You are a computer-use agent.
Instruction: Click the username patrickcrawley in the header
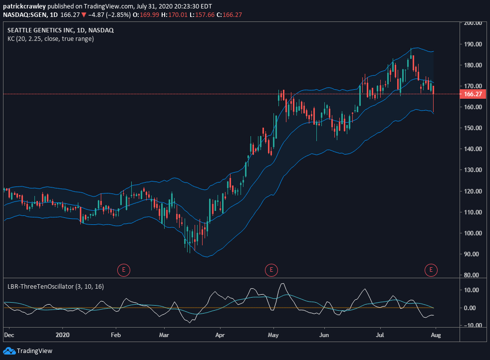pyautogui.click(x=24, y=6)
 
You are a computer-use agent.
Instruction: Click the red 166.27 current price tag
pyautogui.click(x=473, y=94)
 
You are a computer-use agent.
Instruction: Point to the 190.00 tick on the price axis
pyautogui.click(x=473, y=44)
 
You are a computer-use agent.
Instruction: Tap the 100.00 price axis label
pyautogui.click(x=473, y=233)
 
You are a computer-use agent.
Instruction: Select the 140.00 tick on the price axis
pyautogui.click(x=473, y=149)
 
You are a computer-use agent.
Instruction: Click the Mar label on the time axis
pyautogui.click(x=164, y=335)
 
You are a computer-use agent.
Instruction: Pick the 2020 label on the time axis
pyautogui.click(x=62, y=335)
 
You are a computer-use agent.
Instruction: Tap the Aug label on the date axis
pyautogui.click(x=436, y=335)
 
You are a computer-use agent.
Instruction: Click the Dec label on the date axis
pyautogui.click(x=9, y=335)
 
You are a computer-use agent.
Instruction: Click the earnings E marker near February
pyautogui.click(x=124, y=270)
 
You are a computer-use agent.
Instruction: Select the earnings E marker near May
pyautogui.click(x=271, y=270)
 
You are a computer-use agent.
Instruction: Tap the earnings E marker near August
pyautogui.click(x=431, y=270)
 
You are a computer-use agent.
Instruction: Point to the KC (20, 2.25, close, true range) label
pyautogui.click(x=50, y=39)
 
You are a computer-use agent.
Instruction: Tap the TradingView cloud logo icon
pyautogui.click(x=9, y=351)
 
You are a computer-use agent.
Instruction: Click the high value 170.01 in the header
pyautogui.click(x=178, y=14)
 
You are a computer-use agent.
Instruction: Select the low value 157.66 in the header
pyautogui.click(x=205, y=14)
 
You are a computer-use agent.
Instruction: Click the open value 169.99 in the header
pyautogui.click(x=149, y=14)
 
